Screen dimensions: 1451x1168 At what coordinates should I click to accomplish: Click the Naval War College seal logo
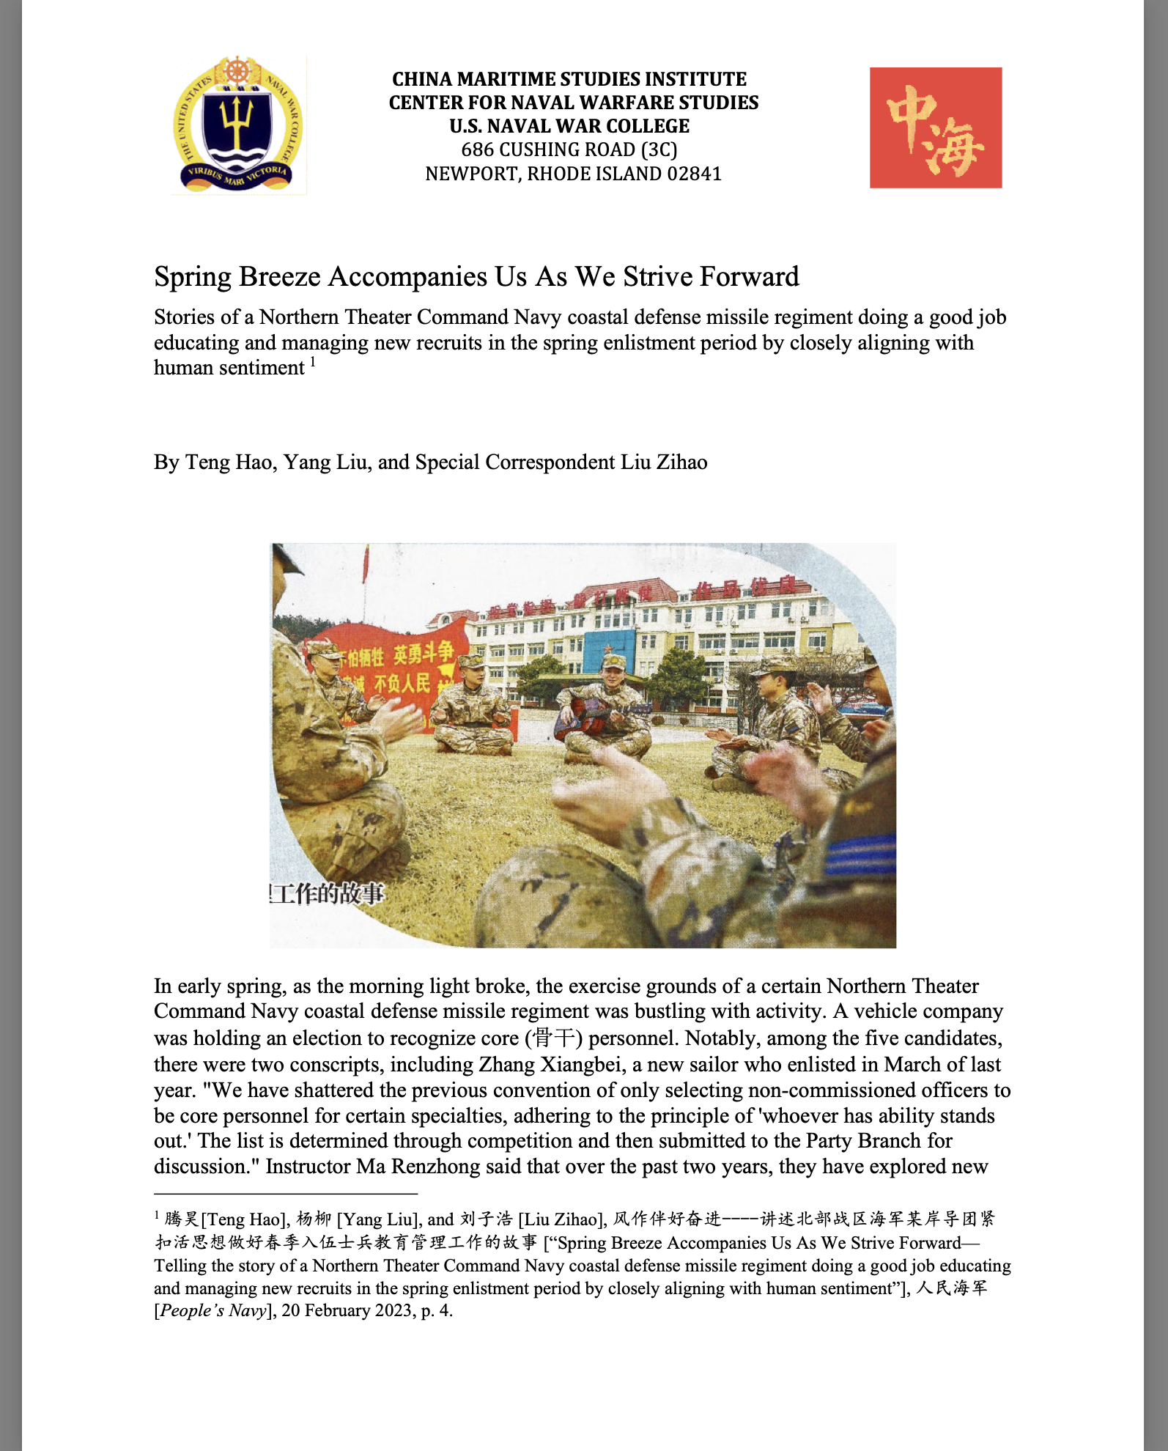[238, 125]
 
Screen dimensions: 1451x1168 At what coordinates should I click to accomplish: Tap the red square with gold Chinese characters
[935, 128]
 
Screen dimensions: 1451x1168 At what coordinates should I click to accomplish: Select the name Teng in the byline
[202, 462]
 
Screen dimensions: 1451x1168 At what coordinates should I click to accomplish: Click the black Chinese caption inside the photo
[327, 893]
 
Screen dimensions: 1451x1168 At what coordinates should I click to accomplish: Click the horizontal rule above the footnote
[286, 1193]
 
